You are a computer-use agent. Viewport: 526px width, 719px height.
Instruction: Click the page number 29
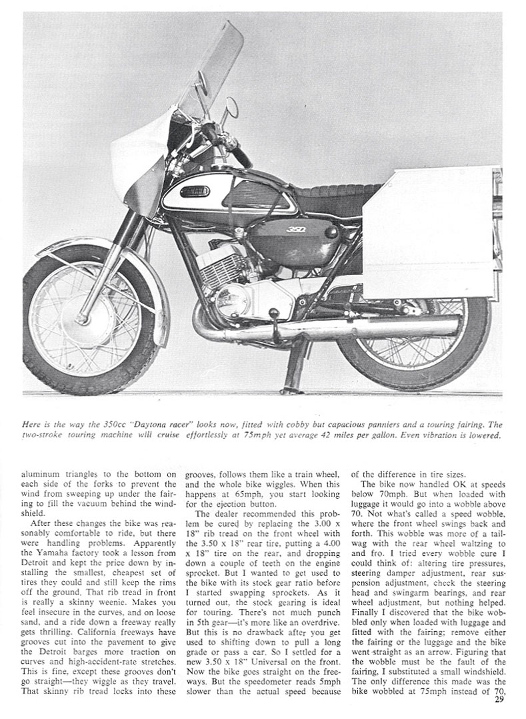499,698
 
